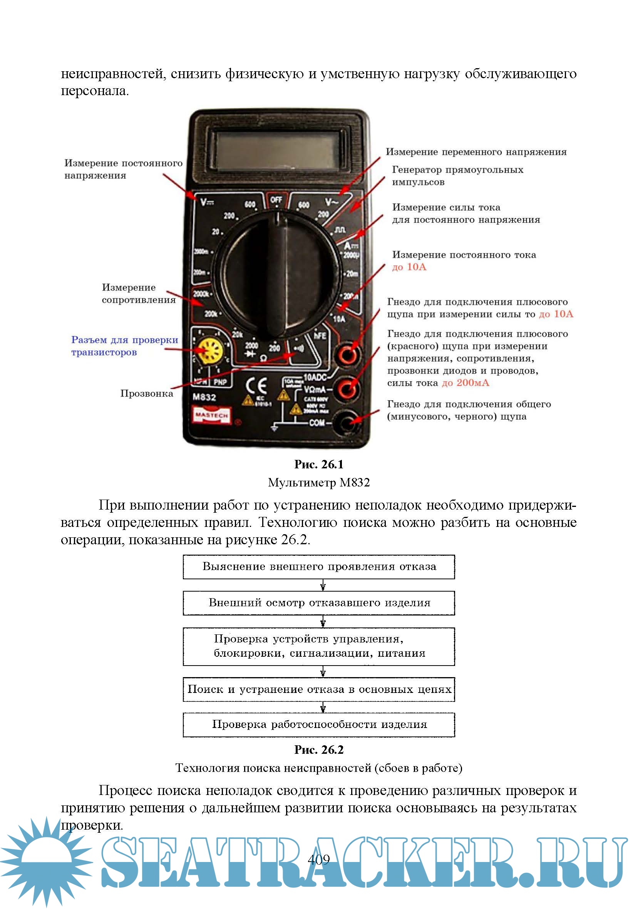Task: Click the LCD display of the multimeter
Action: click(278, 151)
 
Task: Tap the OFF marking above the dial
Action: click(276, 200)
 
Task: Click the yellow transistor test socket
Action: click(210, 351)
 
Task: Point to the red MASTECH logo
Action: click(212, 415)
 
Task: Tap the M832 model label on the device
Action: click(204, 397)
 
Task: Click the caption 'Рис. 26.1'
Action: click(318, 465)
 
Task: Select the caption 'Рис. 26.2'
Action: click(318, 750)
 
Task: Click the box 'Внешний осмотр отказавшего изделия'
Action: click(319, 603)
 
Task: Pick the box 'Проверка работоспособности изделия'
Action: click(319, 725)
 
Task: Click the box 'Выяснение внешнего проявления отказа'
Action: click(319, 567)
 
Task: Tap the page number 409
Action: click(318, 859)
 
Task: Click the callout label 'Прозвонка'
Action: click(146, 394)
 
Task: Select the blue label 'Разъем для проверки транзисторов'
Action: click(124, 346)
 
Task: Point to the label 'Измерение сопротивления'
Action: click(138, 293)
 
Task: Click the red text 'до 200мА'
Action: click(466, 383)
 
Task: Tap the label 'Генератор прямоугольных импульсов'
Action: click(457, 176)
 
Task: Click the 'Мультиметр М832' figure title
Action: click(318, 483)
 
